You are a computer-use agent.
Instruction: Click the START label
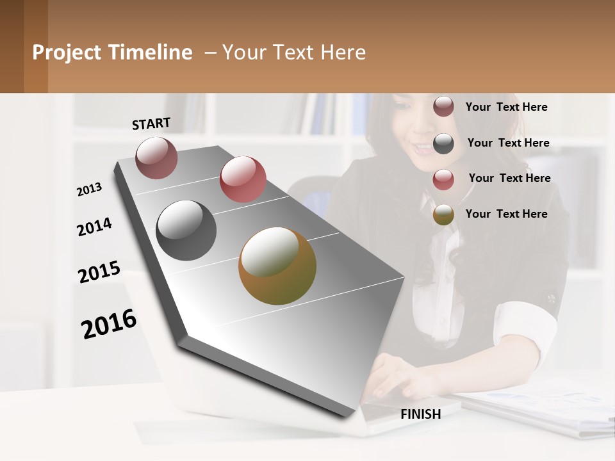151,124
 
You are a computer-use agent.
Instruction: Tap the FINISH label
420,414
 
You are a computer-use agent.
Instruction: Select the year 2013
89,190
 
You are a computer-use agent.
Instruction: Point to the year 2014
94,227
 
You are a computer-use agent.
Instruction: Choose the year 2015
99,272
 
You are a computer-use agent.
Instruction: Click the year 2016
109,323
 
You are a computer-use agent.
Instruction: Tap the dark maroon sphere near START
156,158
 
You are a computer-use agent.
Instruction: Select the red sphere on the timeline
243,179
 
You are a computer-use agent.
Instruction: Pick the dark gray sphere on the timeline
186,230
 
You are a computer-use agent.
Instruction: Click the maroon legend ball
443,106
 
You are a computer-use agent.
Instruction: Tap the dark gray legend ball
443,143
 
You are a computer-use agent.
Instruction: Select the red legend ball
443,179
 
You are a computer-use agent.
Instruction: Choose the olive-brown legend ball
443,215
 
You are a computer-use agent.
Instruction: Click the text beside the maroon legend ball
506,107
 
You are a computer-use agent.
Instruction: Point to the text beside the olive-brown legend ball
506,214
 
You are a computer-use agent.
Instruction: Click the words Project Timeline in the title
112,53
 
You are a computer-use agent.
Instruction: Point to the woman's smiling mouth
423,149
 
